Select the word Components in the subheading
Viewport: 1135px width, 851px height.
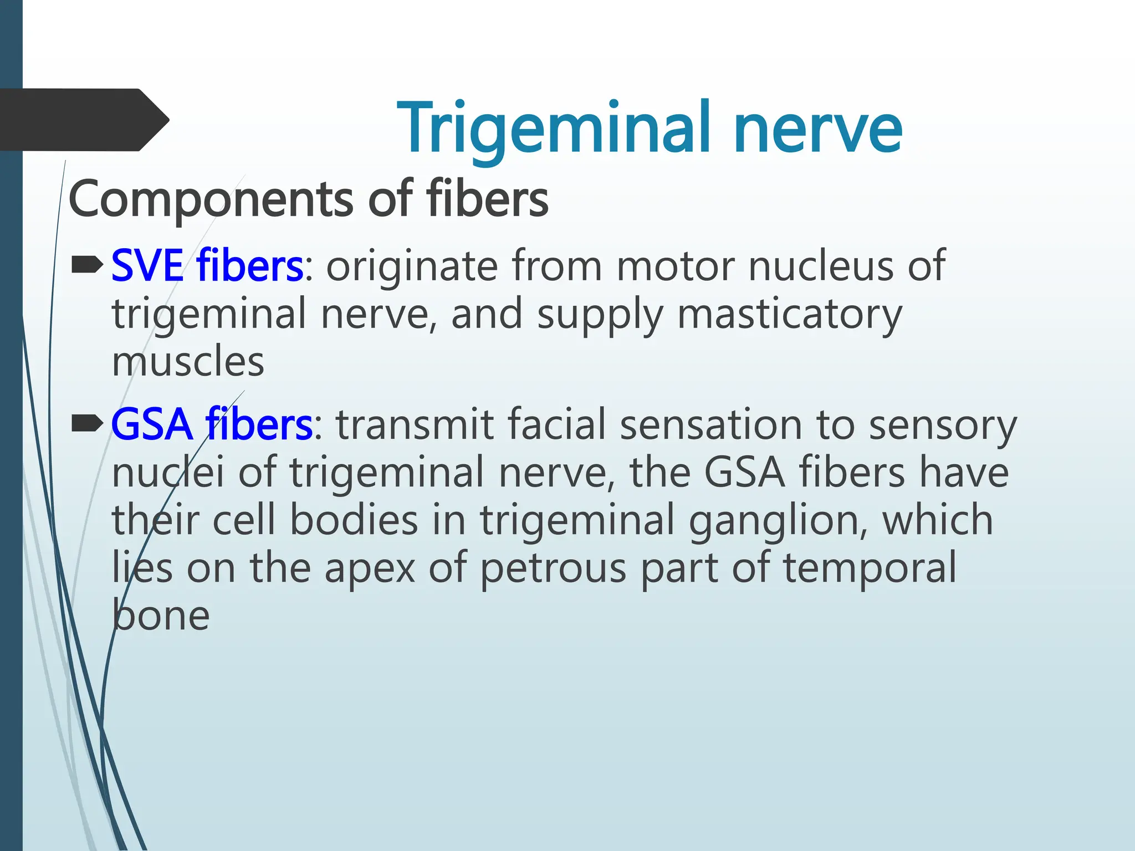211,199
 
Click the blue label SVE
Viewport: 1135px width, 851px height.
147,266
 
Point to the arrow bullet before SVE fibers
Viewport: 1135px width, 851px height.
87,264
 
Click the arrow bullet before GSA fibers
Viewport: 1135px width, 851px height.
87,424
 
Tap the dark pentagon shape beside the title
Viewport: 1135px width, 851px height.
83,120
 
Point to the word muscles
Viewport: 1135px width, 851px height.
188,362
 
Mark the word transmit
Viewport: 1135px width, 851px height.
415,425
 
